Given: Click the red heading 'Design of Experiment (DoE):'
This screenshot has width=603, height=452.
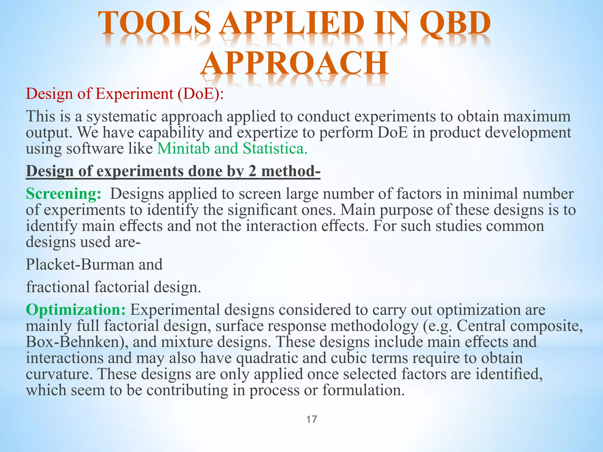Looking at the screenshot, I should tap(125, 94).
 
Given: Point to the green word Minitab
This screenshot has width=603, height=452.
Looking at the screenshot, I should tap(184, 148).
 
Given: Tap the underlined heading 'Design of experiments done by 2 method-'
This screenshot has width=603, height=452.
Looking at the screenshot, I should tap(173, 171).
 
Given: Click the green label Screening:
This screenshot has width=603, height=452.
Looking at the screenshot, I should tap(64, 194).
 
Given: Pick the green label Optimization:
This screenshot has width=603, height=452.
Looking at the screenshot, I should tap(76, 310).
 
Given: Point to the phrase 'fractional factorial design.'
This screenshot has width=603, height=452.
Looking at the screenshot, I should tap(114, 287).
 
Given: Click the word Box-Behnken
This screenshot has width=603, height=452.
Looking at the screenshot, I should tap(77, 342).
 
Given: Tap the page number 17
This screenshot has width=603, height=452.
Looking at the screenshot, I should tap(312, 419).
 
